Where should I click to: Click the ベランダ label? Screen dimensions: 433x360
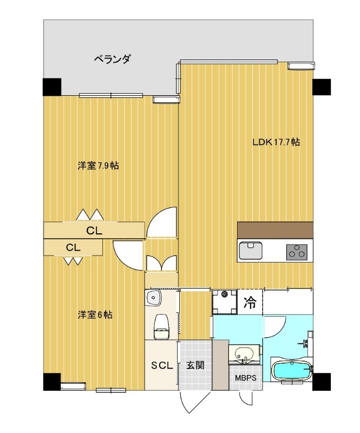[x=112, y=59]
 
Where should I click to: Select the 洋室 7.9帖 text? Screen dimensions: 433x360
[x=98, y=166]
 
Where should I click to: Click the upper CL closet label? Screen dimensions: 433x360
[x=94, y=231]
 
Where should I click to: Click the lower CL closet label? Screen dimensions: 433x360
[x=74, y=247]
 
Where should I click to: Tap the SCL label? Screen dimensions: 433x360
[x=161, y=365]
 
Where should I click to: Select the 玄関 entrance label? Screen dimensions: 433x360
[x=195, y=365]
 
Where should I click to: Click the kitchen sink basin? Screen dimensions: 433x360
[x=250, y=251]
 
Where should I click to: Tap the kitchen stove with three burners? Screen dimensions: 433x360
[x=297, y=251]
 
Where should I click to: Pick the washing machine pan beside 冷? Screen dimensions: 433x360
[x=225, y=301]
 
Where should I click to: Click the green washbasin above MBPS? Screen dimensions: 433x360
[x=245, y=353]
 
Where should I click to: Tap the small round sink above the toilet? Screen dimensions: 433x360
[x=155, y=297]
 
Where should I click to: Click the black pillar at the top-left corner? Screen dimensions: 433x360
[x=52, y=87]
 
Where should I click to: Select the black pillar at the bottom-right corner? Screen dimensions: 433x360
[x=322, y=381]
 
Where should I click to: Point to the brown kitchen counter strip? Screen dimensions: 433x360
[x=275, y=229]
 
